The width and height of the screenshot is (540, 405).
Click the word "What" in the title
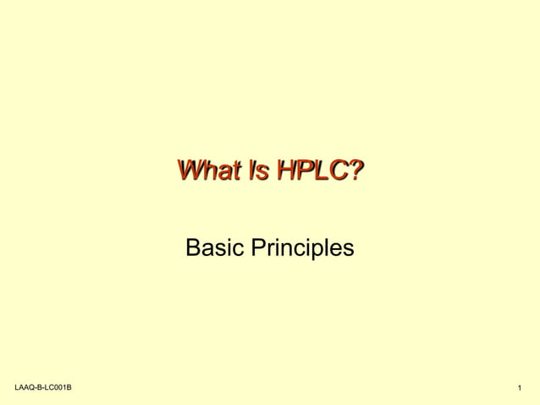[x=208, y=171]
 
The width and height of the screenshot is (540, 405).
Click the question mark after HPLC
[x=357, y=171]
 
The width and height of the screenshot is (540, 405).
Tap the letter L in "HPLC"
[x=322, y=171]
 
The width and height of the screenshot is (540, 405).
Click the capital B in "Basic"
[x=192, y=248]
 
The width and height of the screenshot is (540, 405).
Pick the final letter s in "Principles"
[x=349, y=249]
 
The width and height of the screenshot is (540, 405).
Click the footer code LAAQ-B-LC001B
[x=42, y=387]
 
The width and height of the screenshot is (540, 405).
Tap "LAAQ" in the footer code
[x=25, y=387]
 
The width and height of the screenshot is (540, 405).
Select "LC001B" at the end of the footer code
[x=58, y=387]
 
